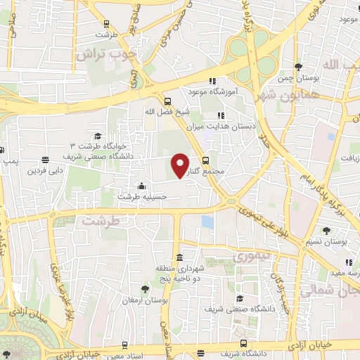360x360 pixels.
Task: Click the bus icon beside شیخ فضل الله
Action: coord(167,101)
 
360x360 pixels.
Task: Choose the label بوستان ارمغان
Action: coord(146,300)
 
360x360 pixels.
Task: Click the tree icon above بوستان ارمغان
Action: coord(145,288)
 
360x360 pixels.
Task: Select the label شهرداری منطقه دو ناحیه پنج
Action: coord(181,272)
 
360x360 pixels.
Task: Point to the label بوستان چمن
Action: coord(298,78)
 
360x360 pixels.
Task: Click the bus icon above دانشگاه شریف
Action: coord(243,344)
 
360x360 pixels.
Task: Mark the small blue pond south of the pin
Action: coord(207,221)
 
